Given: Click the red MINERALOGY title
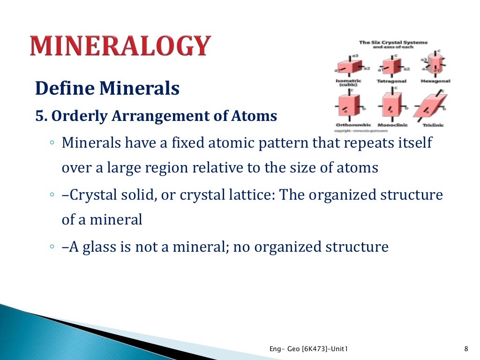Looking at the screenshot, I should tap(120, 46).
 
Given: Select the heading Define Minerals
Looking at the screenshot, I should tap(107, 88).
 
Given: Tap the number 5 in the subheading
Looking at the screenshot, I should tap(38, 116).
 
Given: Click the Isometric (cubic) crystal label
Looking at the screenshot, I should tap(348, 83).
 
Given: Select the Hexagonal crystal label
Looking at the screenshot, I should tap(435, 81).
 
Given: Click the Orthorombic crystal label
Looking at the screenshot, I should tap(353, 125).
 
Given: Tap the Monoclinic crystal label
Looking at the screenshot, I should tap(393, 125).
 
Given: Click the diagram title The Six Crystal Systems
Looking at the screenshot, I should tap(393, 43).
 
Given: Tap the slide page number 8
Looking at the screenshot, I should tap(465, 348).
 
